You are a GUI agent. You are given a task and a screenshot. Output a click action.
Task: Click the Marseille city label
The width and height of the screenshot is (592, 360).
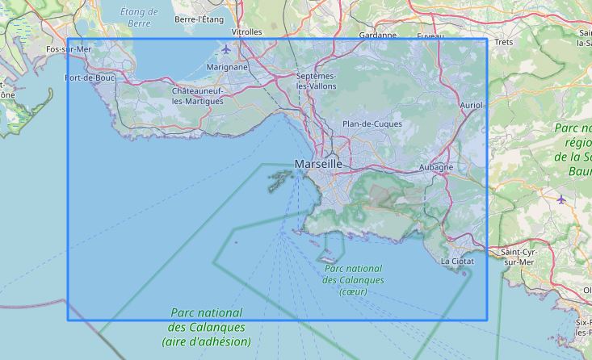point(318,164)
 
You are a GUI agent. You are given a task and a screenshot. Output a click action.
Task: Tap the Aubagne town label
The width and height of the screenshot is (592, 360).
point(436,167)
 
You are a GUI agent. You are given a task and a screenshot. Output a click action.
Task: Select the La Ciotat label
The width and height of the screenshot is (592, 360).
point(458,262)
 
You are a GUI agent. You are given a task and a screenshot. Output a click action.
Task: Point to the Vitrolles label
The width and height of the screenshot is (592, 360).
point(246,32)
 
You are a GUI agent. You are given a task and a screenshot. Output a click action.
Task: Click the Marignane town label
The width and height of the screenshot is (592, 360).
point(227,67)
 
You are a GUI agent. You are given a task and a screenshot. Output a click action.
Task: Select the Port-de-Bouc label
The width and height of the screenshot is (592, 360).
point(90,78)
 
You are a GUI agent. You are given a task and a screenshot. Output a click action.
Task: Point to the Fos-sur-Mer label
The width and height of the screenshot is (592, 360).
point(69,49)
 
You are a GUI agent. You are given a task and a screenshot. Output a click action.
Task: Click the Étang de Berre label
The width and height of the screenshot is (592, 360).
point(139,17)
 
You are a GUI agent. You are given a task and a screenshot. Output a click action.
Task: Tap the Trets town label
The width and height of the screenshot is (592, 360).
point(504,42)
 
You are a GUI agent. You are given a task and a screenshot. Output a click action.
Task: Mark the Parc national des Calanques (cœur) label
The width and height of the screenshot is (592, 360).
point(353,279)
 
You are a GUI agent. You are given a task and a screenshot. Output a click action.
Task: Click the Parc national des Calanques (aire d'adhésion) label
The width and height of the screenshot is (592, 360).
point(206,327)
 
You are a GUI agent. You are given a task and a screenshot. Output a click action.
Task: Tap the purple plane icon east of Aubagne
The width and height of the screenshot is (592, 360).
point(562,198)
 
